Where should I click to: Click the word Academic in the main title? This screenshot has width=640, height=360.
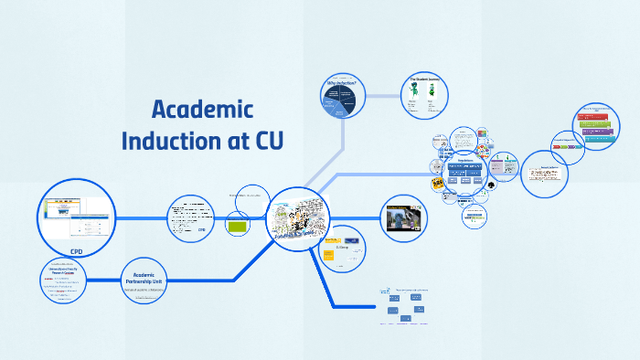pos(201,111)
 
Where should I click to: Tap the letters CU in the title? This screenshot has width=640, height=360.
pos(267,143)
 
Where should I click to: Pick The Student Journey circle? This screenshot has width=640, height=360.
pos(426,96)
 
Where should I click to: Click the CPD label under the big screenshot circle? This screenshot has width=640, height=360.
pos(77,251)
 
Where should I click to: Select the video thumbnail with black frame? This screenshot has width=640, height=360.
pos(403,218)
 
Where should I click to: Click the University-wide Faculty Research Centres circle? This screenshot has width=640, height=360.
pos(63,283)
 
